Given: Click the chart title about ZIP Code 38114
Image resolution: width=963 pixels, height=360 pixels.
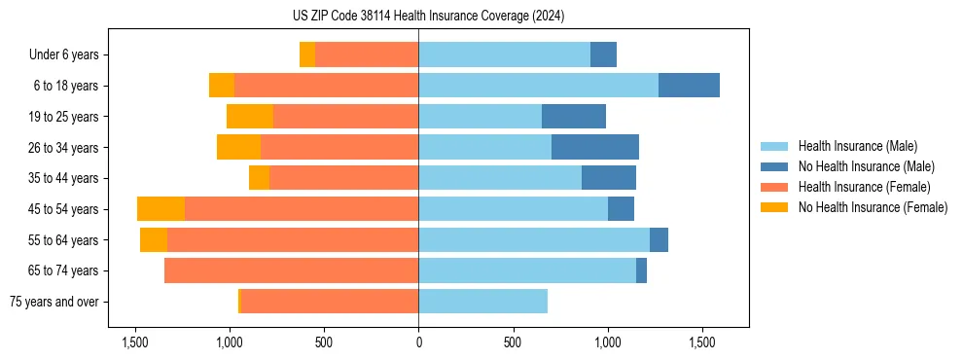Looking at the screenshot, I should (x=428, y=17).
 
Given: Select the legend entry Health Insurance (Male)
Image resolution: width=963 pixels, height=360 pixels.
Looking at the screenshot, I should (x=857, y=146).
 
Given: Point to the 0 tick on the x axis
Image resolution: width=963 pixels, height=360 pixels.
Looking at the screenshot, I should (x=418, y=343).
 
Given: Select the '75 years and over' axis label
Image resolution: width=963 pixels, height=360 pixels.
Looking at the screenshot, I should (x=53, y=302).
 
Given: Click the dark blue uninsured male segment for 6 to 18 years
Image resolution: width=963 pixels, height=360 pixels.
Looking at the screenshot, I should (x=689, y=86).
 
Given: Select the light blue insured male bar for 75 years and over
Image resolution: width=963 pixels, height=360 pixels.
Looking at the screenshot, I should (x=482, y=302).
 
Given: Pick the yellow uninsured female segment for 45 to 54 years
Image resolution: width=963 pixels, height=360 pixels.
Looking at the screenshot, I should (x=160, y=209).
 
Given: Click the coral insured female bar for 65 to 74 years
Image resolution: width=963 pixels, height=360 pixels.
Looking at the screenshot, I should (x=291, y=270).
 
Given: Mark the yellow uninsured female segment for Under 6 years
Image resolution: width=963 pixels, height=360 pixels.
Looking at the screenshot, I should (x=307, y=55).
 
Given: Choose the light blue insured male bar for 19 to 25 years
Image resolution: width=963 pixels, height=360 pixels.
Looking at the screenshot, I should (x=480, y=117).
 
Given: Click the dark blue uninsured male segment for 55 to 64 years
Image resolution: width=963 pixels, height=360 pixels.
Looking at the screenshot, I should (x=659, y=240).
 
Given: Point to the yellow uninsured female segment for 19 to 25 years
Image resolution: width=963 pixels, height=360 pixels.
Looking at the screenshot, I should (x=250, y=117).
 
